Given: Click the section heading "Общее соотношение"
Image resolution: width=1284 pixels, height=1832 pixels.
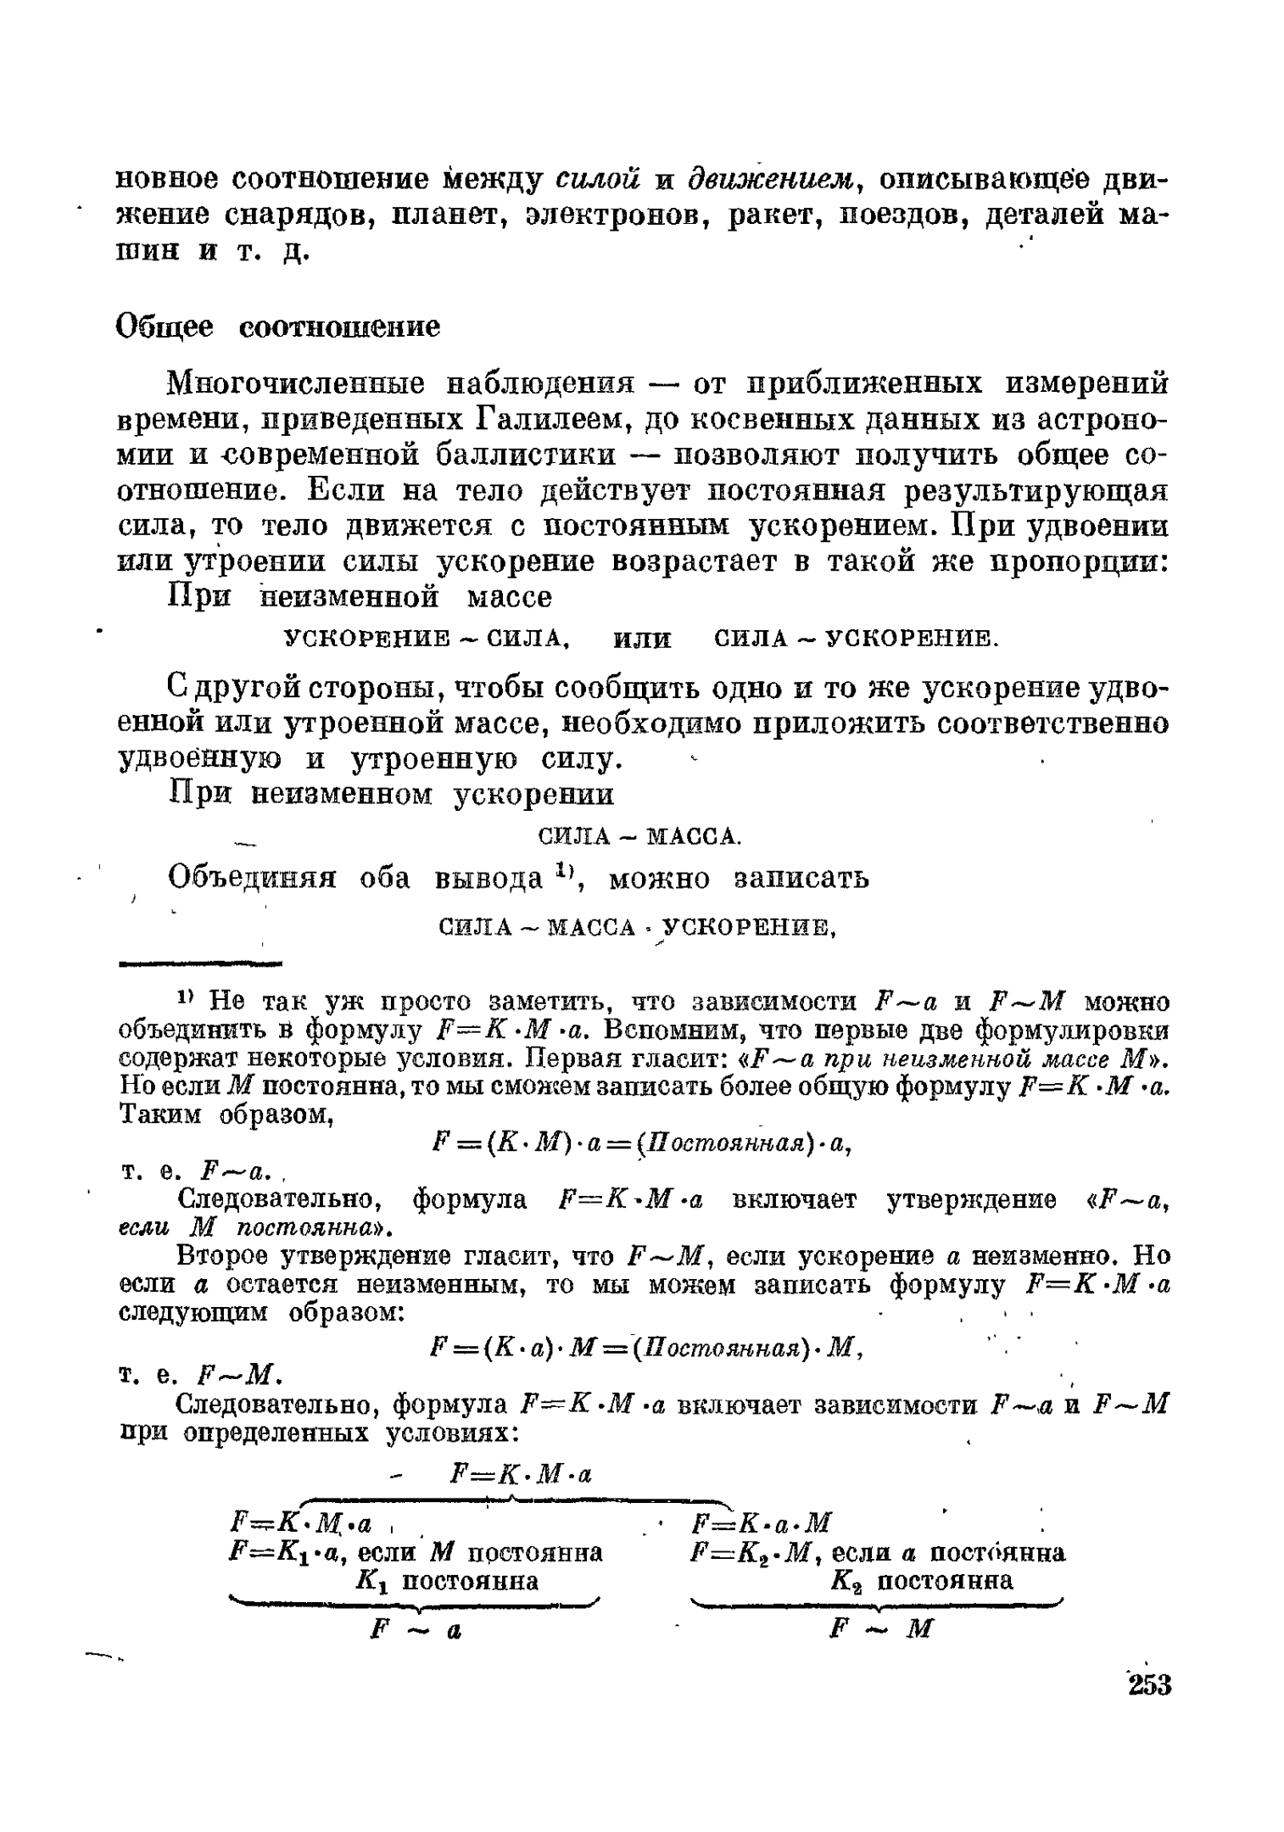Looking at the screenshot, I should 278,327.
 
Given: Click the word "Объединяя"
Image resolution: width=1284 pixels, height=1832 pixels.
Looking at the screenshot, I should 252,878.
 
